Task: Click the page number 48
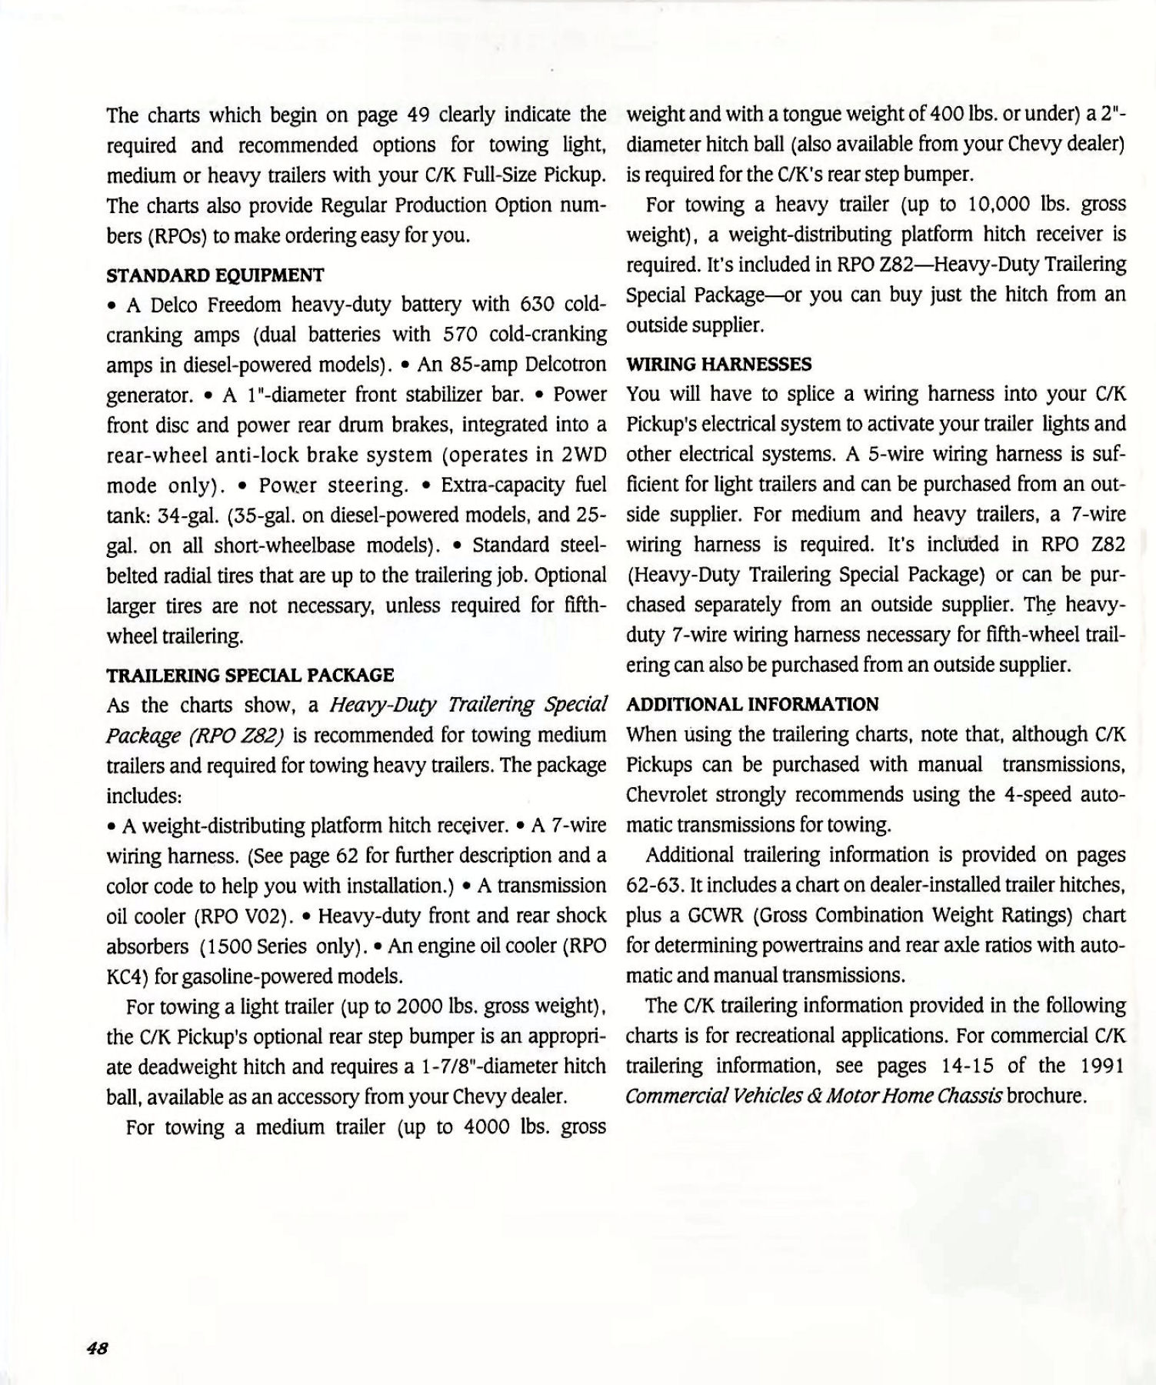97,1349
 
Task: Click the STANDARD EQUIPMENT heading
215,275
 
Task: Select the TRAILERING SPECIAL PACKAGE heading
250,675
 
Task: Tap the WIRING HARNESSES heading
719,364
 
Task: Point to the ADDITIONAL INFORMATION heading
753,704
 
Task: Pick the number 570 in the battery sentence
461,335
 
